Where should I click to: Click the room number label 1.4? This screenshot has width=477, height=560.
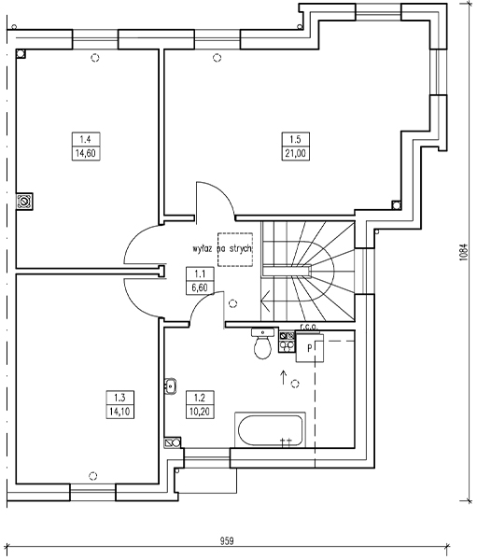point(85,139)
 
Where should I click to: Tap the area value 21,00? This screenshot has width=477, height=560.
point(296,154)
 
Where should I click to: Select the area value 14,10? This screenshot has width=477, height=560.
point(120,412)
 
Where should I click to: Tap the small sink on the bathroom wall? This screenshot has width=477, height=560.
point(171,385)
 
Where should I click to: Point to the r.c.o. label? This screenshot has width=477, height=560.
point(308,327)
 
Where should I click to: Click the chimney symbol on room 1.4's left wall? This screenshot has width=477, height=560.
point(24,202)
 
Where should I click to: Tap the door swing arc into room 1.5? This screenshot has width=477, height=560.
point(223,193)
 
